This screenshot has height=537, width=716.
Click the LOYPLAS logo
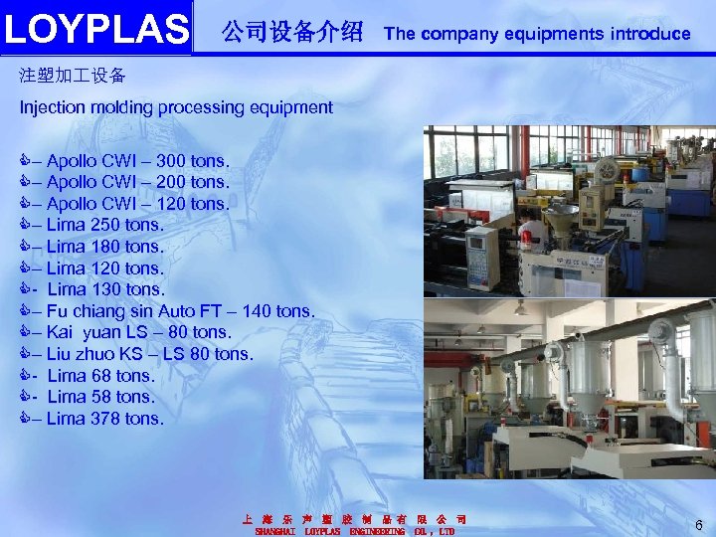pos(96,29)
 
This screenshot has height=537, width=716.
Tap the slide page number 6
pos(699,524)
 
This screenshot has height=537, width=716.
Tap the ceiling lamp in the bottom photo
pos(520,309)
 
